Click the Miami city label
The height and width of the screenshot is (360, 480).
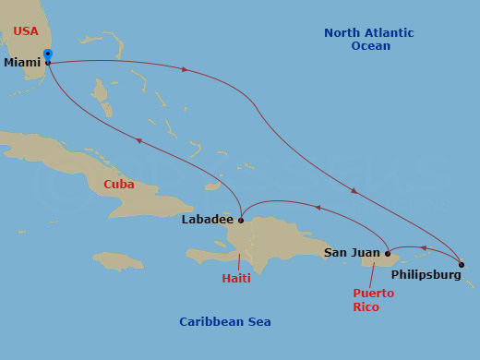point(21,63)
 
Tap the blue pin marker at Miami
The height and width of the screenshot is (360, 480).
point(48,54)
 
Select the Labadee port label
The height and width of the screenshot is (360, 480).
point(208,220)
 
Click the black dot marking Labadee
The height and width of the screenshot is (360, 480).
point(240,221)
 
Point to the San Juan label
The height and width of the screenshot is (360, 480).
point(352,252)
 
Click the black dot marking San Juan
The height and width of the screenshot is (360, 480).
point(388,252)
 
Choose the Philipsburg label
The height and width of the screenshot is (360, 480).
point(423,274)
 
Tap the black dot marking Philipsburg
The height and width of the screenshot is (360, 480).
point(461,265)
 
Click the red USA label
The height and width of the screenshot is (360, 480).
point(26,31)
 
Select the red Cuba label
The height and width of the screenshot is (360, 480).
point(118,184)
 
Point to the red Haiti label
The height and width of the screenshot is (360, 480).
point(236,278)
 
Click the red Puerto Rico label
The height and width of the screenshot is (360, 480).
point(373,299)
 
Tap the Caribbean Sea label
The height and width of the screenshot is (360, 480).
point(225,321)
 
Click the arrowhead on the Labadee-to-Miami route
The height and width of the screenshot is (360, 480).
point(138,140)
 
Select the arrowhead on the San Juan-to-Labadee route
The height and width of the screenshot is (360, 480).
point(317,208)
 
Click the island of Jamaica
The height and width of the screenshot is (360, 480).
point(119,260)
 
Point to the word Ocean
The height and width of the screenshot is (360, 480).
point(370,46)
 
